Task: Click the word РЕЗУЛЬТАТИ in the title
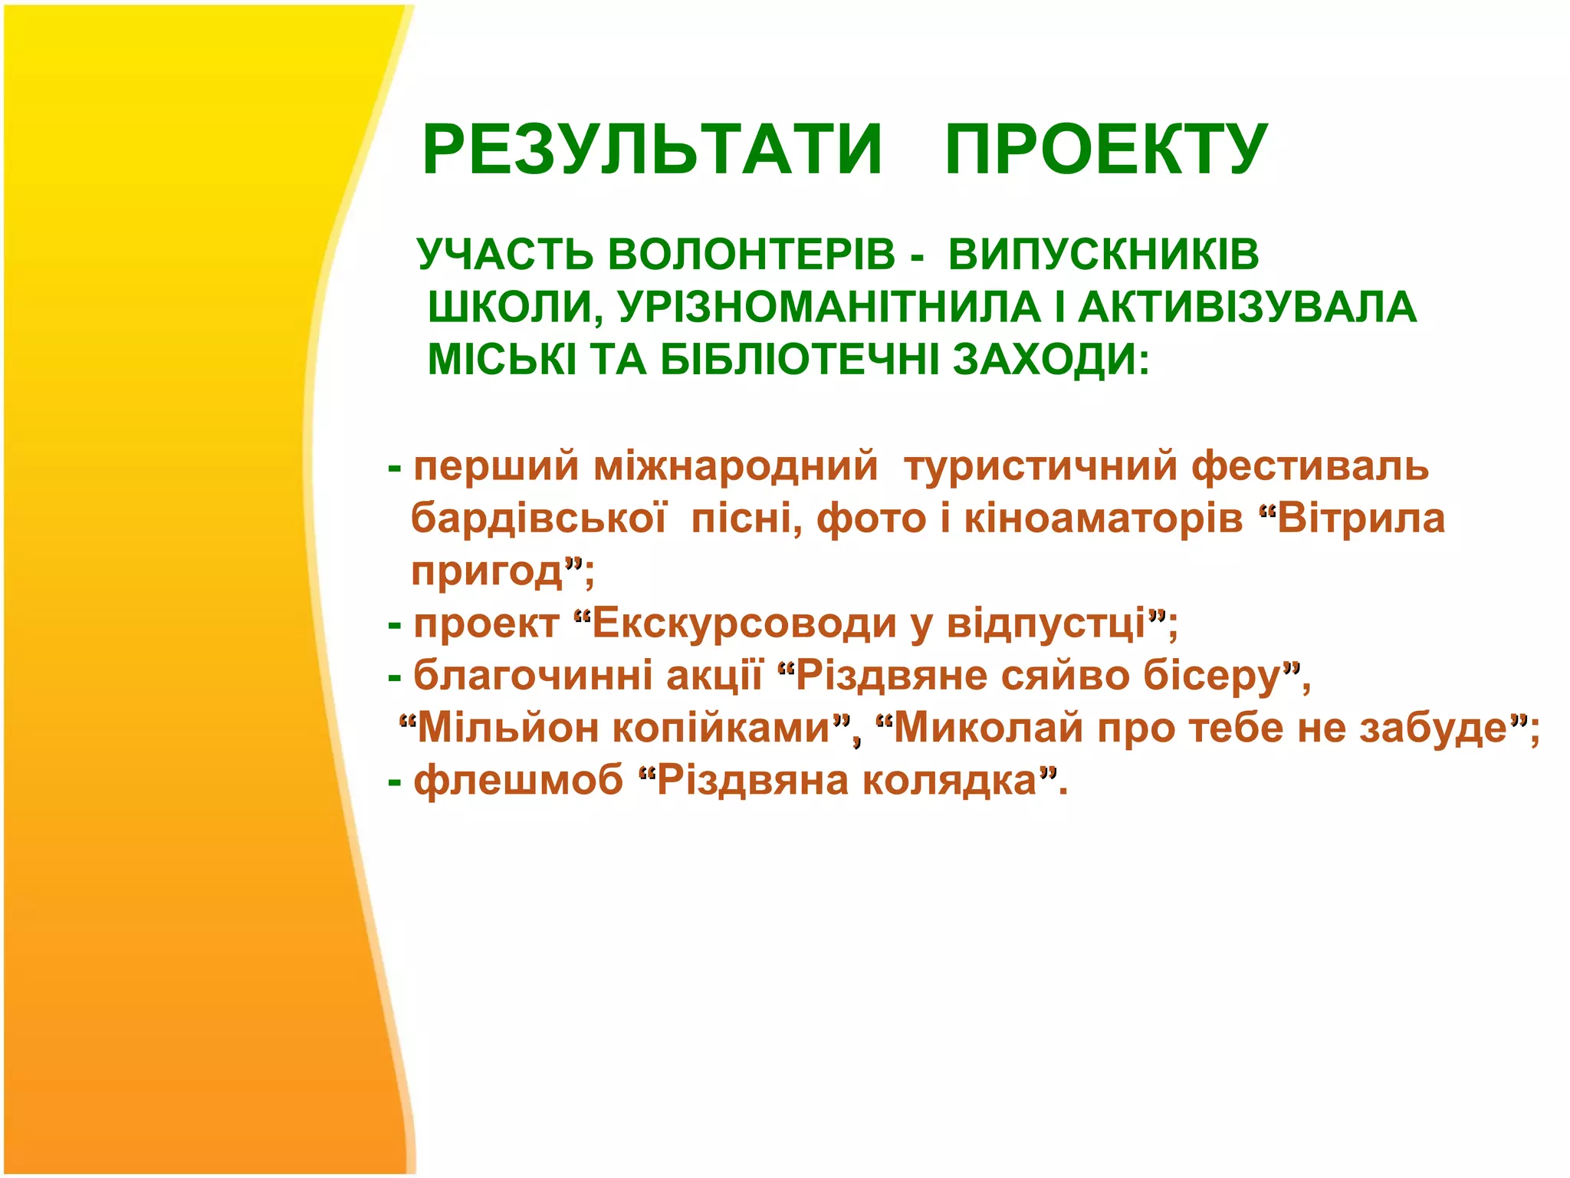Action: click(652, 150)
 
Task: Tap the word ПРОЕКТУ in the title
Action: click(1106, 150)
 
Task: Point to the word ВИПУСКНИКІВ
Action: click(1103, 255)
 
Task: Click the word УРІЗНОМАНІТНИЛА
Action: click(829, 308)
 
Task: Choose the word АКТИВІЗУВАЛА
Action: click(1247, 308)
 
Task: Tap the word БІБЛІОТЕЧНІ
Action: click(800, 360)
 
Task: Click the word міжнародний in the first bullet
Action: click(735, 466)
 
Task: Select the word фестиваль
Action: click(1310, 466)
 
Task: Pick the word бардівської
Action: click(538, 518)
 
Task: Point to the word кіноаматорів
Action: click(1103, 518)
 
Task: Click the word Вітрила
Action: click(1361, 518)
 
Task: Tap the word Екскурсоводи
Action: click(744, 623)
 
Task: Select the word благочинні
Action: click(532, 676)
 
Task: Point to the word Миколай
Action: click(989, 728)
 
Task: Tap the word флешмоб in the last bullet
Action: click(518, 781)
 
